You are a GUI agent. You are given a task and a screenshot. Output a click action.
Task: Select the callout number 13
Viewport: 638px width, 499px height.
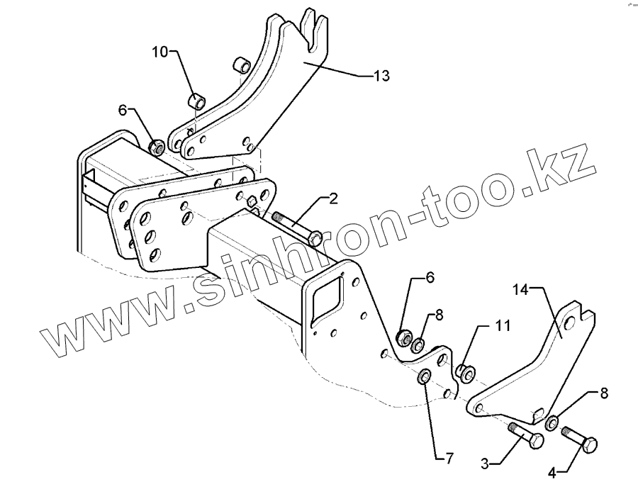pos(381,76)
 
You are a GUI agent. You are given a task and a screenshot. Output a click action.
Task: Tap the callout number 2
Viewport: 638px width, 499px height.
pos(333,198)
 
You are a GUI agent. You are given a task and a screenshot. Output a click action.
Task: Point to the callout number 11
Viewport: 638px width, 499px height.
pos(502,326)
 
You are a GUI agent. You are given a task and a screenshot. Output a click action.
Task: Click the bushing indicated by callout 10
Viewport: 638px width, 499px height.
pos(196,101)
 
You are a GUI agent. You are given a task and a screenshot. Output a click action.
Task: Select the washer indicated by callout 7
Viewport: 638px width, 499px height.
pos(425,376)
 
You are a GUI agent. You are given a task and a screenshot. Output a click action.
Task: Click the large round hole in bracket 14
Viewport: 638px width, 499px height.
pos(568,325)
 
